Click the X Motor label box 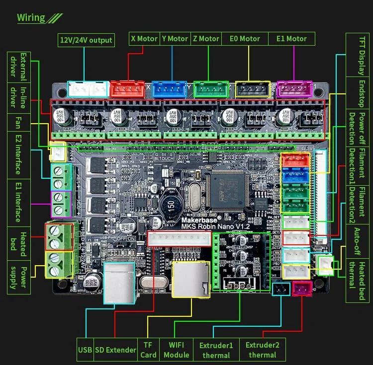(x=144, y=39)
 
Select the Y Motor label (x=175, y=39)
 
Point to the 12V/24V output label (x=86, y=40)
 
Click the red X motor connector (x=127, y=89)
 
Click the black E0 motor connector (x=252, y=89)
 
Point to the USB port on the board (x=119, y=282)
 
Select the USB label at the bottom (x=85, y=350)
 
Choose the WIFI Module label (x=176, y=350)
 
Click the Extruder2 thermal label (x=262, y=350)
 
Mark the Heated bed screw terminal (x=59, y=237)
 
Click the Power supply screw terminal (x=59, y=265)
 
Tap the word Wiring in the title (x=31, y=18)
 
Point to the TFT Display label (x=362, y=55)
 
